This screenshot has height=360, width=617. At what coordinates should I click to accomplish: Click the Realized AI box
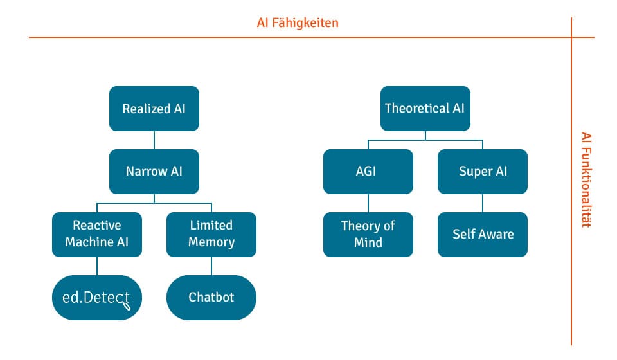154,109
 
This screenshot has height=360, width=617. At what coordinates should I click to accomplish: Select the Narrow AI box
154,172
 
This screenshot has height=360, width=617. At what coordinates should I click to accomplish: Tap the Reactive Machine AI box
97,235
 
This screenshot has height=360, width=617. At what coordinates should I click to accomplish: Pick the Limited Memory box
211,235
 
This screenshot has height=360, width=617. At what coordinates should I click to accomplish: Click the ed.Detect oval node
97,298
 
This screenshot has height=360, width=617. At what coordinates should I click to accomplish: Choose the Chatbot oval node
211,298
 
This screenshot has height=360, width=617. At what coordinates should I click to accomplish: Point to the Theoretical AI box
425,109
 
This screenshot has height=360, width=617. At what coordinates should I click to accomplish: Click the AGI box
368,172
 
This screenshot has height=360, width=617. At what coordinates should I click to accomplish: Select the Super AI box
483,172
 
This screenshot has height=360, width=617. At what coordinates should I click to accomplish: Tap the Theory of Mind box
368,235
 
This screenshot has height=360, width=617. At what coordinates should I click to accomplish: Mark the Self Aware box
483,235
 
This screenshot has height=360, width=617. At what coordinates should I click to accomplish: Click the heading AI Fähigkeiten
298,22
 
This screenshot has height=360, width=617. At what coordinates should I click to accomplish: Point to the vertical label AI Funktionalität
586,180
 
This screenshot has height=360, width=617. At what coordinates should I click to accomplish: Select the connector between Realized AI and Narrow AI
154,140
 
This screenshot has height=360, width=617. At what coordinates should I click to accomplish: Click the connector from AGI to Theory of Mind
368,203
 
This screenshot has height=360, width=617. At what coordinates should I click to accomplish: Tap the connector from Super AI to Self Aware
483,203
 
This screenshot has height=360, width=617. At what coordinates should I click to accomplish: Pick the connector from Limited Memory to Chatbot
211,266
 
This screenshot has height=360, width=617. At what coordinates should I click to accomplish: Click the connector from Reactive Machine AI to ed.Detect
97,266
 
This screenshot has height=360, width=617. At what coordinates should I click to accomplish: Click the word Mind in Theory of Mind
368,242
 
